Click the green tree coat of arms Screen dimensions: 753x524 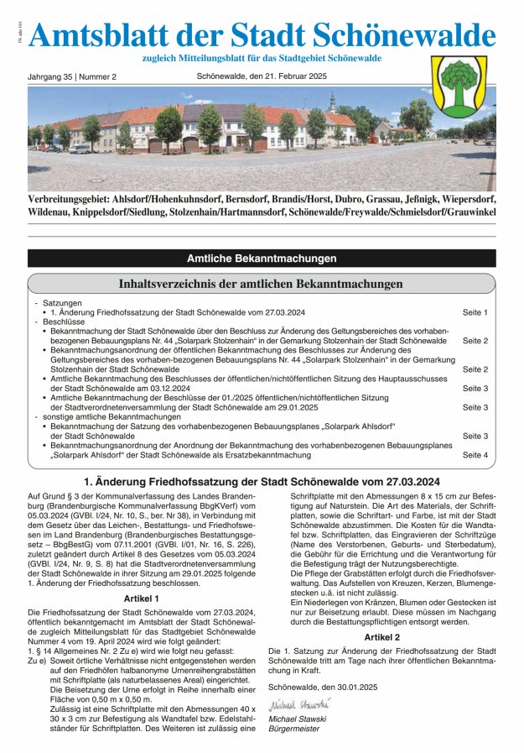tap(458, 87)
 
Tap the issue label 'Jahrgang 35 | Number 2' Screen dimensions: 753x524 tap(72, 76)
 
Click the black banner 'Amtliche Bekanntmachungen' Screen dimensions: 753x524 tap(262, 259)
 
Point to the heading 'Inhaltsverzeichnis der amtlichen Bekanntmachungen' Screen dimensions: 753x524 tap(262, 284)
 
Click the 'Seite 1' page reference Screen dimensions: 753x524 tap(475, 312)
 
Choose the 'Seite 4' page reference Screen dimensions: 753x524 tap(475, 454)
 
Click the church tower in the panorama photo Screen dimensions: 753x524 tap(332, 102)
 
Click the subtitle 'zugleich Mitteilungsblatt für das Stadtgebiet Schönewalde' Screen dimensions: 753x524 tap(262, 58)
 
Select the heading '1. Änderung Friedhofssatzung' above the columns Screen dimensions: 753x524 tap(262, 482)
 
